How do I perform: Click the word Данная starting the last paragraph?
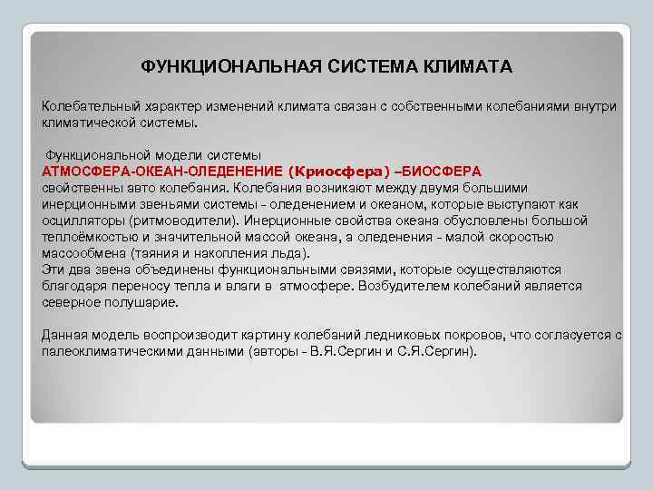pyautogui.click(x=64, y=335)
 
